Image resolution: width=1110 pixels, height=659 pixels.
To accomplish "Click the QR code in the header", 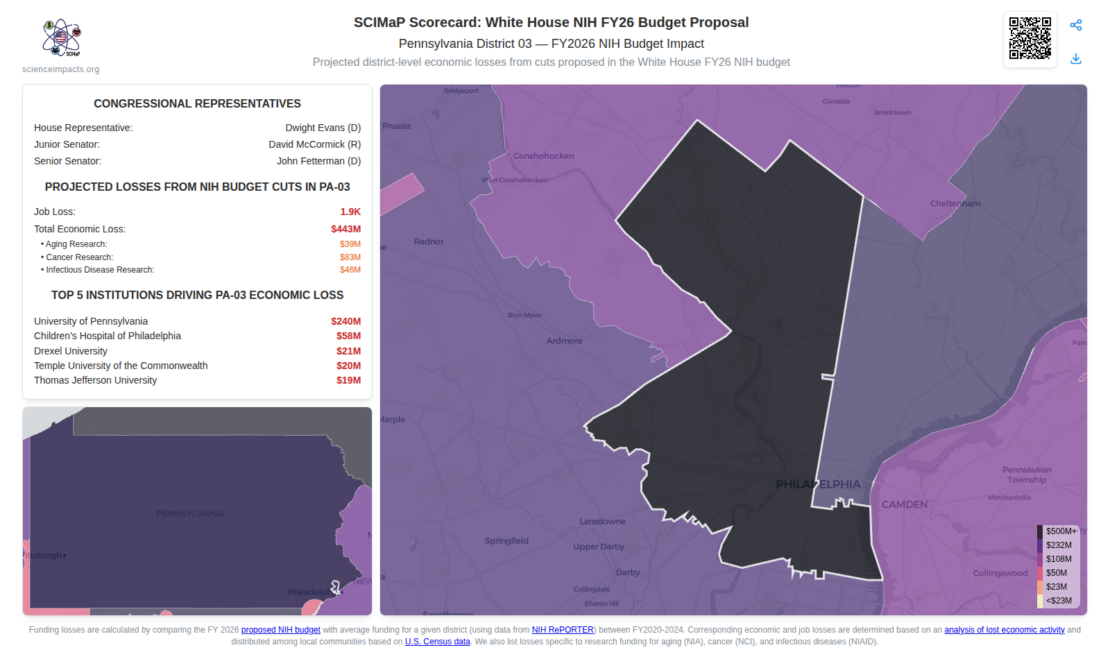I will click(1030, 39).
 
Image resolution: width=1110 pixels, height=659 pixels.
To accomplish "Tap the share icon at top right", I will click(1076, 26).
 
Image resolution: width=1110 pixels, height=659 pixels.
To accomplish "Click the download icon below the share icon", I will click(1076, 59).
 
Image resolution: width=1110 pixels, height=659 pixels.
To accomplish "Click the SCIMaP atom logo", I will click(61, 37).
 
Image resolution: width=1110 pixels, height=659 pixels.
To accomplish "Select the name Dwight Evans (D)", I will click(323, 128).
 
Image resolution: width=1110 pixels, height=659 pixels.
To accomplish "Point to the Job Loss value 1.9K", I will click(350, 212).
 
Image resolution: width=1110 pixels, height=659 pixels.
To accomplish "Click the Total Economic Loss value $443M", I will click(345, 229).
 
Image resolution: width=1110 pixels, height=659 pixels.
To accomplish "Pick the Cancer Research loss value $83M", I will click(350, 257).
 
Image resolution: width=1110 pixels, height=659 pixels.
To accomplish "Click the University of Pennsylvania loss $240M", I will click(345, 321).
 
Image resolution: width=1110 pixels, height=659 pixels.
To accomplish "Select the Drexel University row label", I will click(71, 351).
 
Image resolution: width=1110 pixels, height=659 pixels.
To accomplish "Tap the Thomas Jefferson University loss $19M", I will click(348, 380).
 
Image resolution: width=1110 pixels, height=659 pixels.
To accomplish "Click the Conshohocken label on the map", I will click(543, 156).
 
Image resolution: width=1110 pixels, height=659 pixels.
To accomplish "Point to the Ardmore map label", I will click(564, 341).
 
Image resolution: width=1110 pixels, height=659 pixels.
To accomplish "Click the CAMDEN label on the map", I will click(904, 504).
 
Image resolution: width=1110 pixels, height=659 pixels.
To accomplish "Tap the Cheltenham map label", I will click(955, 203).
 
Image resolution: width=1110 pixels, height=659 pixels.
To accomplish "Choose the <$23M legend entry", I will click(1059, 601).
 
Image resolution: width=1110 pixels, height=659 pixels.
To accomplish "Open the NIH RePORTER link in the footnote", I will click(563, 630).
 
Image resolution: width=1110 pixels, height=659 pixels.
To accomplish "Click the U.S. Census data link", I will click(437, 642).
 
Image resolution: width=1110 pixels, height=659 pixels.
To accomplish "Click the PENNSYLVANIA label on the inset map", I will click(190, 514).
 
